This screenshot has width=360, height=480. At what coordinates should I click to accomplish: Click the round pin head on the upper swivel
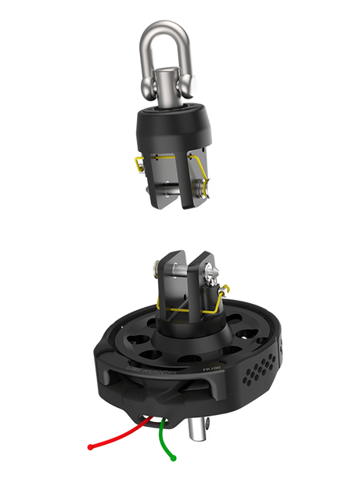pos(212,189)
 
